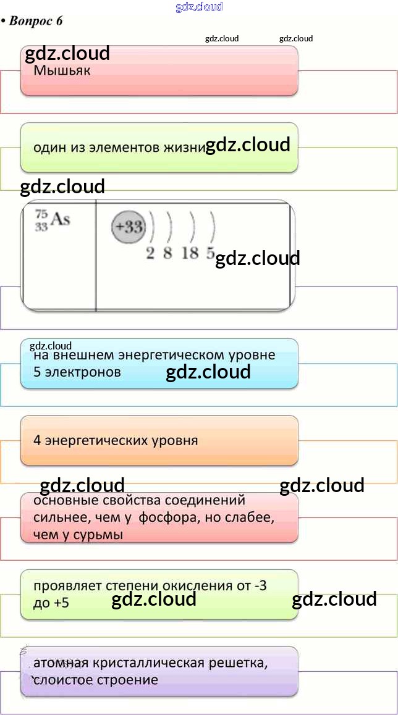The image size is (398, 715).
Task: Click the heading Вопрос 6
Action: (x=35, y=21)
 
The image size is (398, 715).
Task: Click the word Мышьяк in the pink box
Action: (x=62, y=70)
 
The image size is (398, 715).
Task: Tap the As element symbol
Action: (x=60, y=219)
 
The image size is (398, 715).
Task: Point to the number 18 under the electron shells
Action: (x=190, y=253)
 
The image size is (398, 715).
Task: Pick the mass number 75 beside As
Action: (x=41, y=214)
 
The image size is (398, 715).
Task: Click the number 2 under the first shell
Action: (x=150, y=253)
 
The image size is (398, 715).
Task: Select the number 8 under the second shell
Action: (x=167, y=253)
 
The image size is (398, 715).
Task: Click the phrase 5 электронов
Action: (x=77, y=372)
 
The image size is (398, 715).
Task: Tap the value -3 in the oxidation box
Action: (x=260, y=585)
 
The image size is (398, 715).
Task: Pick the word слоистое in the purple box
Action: (x=62, y=680)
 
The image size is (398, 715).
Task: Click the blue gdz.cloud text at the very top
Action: (x=199, y=7)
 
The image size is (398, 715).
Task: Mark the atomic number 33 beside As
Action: (x=41, y=227)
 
